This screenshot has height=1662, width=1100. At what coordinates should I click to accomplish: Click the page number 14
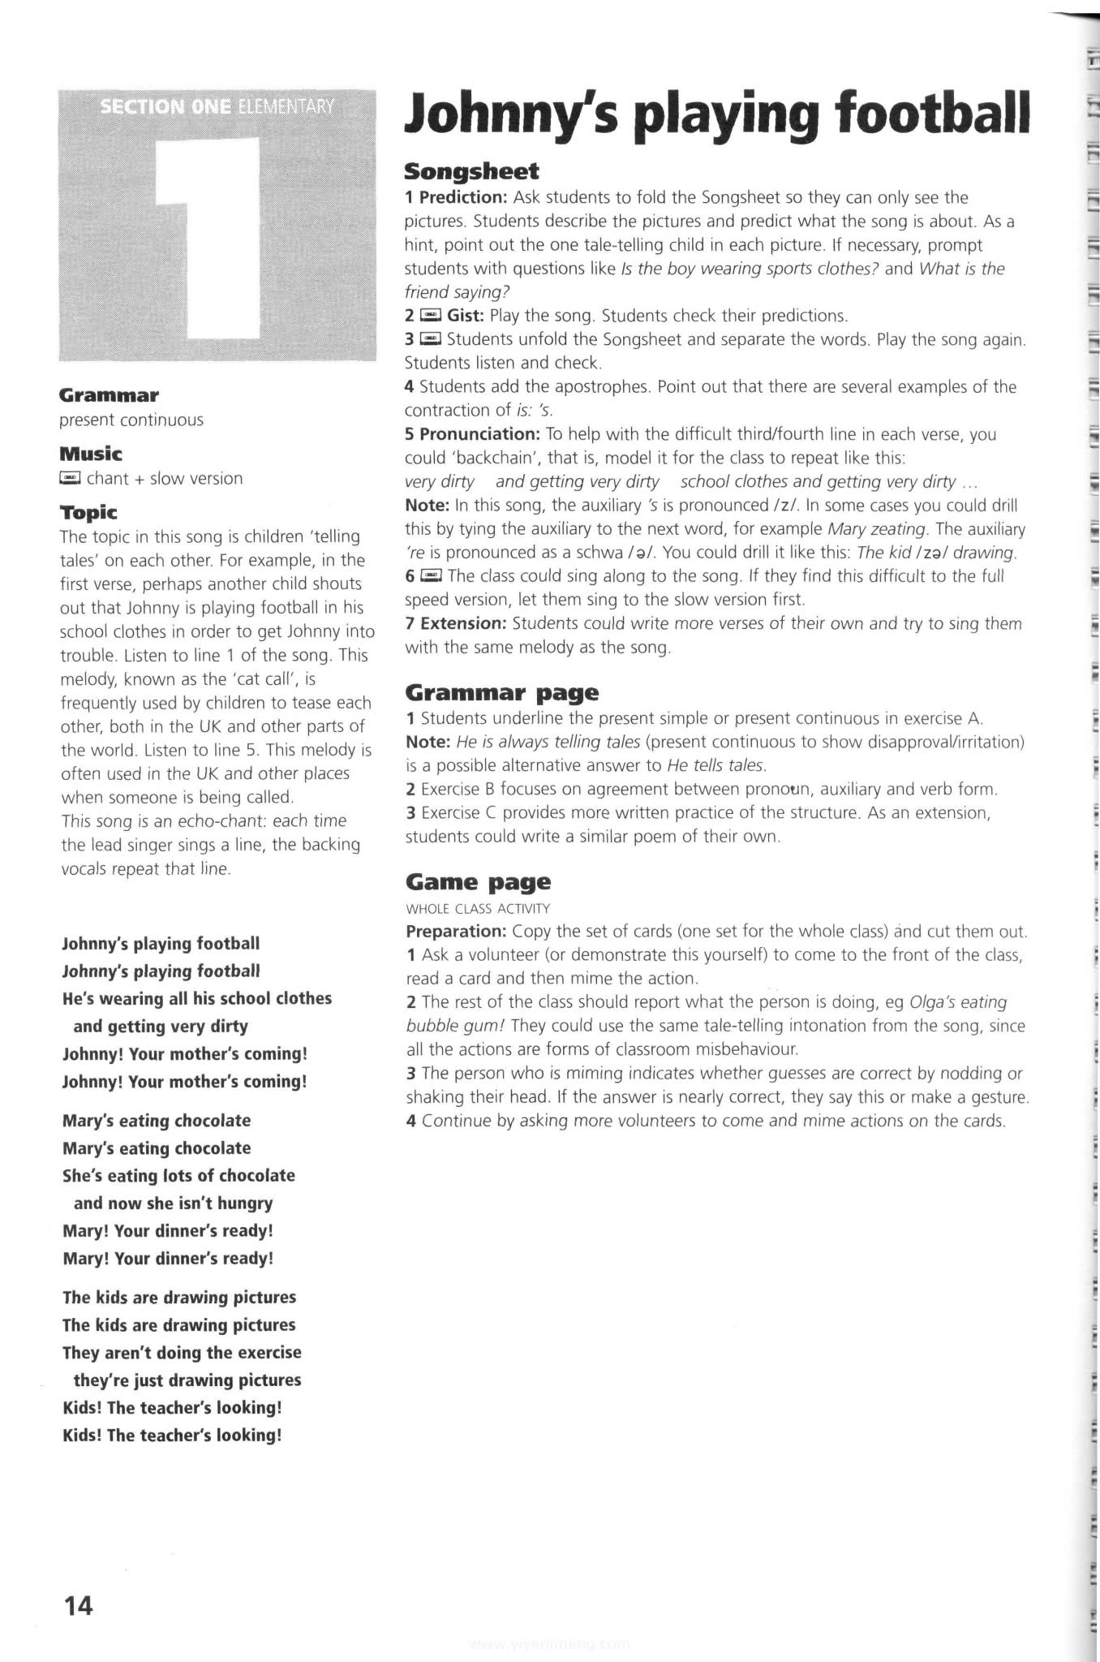78,1606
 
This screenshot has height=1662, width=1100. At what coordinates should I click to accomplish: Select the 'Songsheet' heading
471,171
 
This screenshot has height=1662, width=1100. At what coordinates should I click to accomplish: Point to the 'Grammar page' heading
501,692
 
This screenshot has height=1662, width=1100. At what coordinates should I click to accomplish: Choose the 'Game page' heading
478,881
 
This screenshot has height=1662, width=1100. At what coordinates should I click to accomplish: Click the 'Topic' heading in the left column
88,512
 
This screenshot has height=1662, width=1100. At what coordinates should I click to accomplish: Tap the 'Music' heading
90,454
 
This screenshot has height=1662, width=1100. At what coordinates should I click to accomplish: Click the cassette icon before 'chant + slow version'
71,478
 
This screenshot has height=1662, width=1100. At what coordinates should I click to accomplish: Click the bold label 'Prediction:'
462,197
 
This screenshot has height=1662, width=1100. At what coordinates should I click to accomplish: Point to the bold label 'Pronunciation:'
480,434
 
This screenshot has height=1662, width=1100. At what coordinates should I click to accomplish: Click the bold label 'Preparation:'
456,931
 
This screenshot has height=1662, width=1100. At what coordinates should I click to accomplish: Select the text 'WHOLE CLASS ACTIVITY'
478,908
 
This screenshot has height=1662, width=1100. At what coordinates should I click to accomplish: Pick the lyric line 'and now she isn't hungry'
173,1203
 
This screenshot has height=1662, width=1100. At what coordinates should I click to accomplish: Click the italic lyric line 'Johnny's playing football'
161,971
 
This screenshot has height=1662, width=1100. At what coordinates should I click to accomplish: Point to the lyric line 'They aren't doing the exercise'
182,1352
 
